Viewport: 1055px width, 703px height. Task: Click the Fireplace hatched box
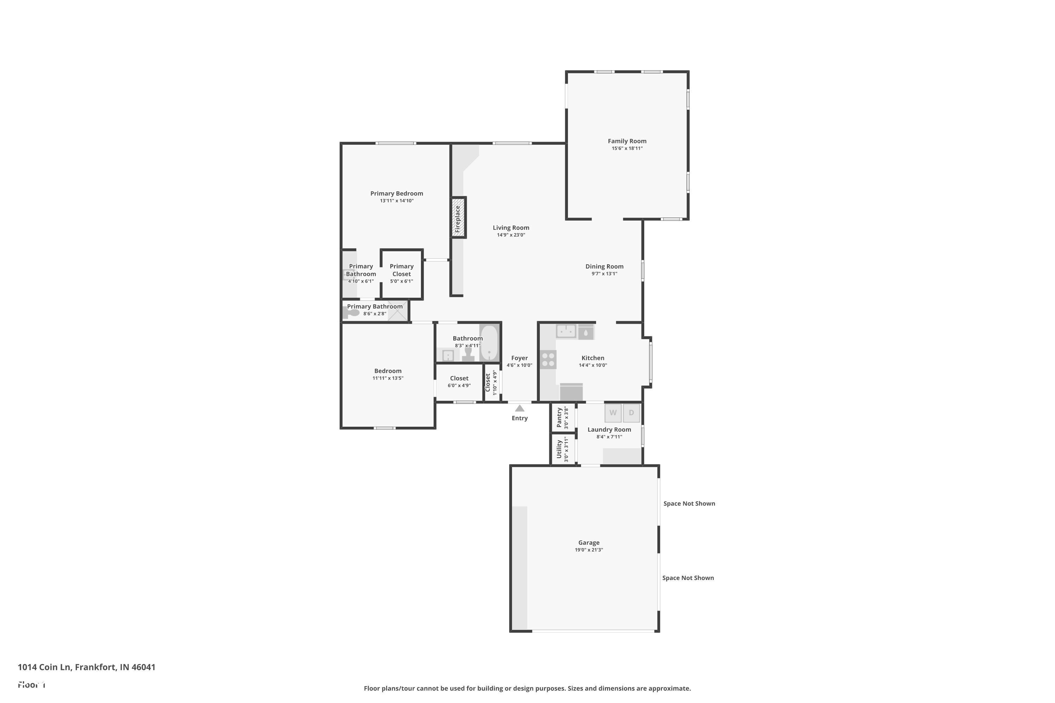(x=458, y=218)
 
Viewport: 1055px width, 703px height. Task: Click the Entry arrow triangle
(x=519, y=408)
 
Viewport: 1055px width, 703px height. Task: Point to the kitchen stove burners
(x=548, y=360)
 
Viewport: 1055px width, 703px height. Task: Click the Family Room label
(x=627, y=141)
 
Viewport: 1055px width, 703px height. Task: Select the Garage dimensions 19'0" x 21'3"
(x=589, y=550)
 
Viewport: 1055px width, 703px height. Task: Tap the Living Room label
(x=511, y=227)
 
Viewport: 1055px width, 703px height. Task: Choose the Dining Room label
(x=604, y=266)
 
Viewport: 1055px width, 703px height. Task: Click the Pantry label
(x=560, y=418)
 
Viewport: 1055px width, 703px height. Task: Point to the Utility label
(x=560, y=449)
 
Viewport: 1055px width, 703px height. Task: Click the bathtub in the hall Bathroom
(x=489, y=343)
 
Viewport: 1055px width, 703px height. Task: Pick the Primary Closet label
(x=402, y=270)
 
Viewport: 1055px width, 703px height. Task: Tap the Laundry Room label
(x=609, y=430)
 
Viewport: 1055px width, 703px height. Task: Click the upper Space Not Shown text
(x=689, y=503)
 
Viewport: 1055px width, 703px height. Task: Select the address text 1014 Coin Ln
(x=44, y=667)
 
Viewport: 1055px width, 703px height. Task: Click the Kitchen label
(x=593, y=358)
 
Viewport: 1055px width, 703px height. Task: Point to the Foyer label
(x=519, y=358)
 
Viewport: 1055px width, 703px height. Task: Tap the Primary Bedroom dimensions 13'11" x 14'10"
(x=397, y=200)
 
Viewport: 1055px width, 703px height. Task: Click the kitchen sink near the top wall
(x=566, y=331)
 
